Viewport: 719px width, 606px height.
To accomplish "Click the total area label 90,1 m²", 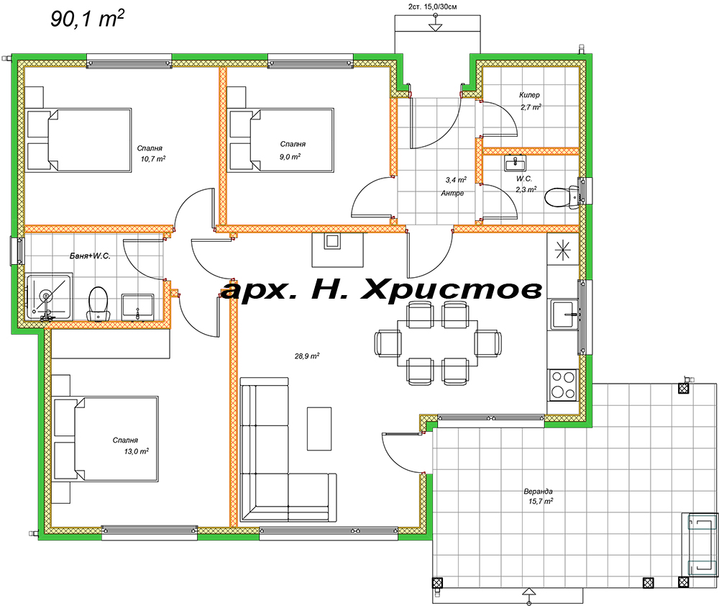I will (x=86, y=19).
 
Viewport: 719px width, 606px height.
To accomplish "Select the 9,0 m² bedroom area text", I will (x=290, y=156).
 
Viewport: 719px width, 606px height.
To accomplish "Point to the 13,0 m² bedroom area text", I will (x=135, y=451).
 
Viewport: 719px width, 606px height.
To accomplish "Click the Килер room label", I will (x=529, y=95).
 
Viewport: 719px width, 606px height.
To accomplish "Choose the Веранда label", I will (x=539, y=492).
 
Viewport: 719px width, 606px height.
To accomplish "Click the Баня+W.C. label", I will (x=90, y=256).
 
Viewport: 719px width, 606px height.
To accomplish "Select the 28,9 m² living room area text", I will (x=306, y=356).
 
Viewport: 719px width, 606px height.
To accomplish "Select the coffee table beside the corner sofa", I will (x=320, y=428).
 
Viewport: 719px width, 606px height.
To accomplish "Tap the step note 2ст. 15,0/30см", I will (x=433, y=6).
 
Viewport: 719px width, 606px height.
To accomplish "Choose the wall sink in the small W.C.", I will (x=514, y=163).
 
